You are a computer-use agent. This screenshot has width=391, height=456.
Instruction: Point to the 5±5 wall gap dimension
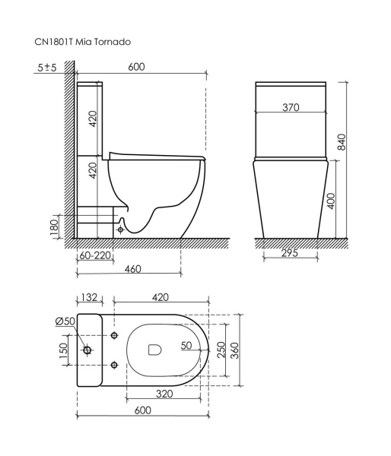47,68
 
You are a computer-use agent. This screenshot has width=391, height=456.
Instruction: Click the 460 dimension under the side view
133,270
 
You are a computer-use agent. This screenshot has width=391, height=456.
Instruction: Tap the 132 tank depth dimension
90,296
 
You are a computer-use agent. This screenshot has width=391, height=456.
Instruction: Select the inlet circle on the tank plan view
88,350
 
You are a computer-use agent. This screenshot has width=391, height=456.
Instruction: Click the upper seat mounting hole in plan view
114,336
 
